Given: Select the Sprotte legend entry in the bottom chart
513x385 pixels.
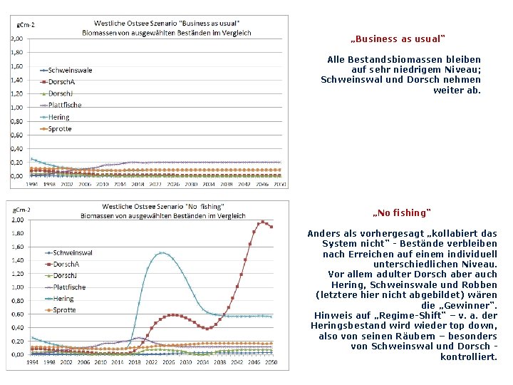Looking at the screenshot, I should (64, 310).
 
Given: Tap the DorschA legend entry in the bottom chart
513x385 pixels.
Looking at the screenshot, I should (66, 265).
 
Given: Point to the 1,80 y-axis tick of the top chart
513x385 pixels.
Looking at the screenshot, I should (16, 52).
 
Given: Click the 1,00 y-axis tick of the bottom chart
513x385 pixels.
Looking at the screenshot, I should (16, 287).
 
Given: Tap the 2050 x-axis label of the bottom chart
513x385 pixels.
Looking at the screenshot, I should (271, 361).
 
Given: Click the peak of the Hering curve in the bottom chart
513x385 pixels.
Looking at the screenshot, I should (163, 252).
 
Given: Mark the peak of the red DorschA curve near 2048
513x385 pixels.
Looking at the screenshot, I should (262, 222).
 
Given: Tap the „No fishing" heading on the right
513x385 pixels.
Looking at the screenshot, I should (402, 213).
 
